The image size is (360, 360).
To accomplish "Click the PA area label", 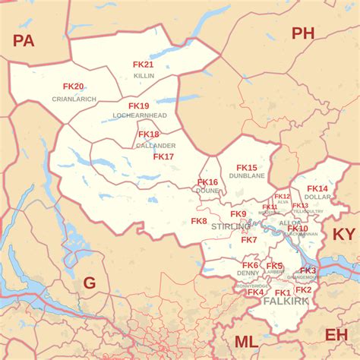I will pos(24,41).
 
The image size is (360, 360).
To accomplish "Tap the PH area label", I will pos(302,33).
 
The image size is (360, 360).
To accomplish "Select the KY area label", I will pos(344,234).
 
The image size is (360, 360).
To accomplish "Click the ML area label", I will pos(245,342).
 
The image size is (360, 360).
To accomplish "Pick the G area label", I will pos(89,283).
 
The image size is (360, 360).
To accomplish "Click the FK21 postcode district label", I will pos(144,65).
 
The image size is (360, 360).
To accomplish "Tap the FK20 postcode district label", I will pos(73,87).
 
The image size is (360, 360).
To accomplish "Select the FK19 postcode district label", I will pos(138,106).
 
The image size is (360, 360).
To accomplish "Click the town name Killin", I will pos(144,76).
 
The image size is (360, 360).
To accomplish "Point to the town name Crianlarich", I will pos(73,99).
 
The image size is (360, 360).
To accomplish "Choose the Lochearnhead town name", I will pos(139,115).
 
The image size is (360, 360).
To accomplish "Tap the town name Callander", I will pos(156,145).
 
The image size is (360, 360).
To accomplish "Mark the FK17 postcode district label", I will pos(163,156).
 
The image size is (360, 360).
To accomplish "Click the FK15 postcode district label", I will pos(247,167).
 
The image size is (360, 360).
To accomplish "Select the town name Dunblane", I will pos(247,176).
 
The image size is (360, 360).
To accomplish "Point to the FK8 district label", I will pos(199,221).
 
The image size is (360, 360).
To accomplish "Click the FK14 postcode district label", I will pos(317,188).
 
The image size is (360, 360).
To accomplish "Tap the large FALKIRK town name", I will pos(286,302).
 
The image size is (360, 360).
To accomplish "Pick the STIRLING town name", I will pos(231,227).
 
